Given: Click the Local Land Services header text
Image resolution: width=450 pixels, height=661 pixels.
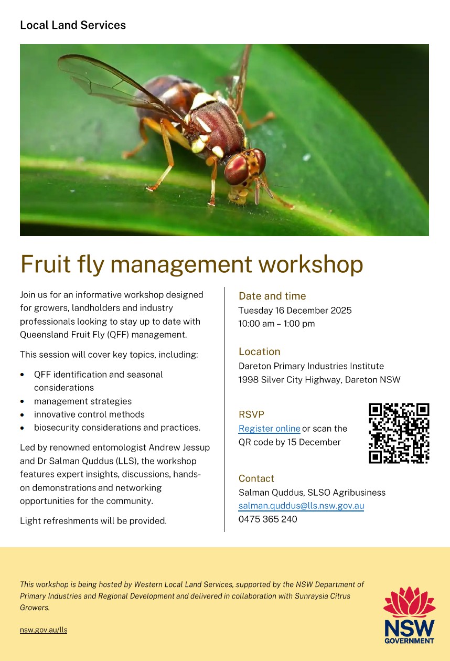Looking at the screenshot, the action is [73, 25].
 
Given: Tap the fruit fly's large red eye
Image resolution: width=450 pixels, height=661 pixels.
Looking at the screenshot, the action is [237, 169].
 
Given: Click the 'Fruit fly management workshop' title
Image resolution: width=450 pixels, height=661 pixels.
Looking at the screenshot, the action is [192, 264].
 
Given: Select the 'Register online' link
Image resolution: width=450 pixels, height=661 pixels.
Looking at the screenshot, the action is [269, 429].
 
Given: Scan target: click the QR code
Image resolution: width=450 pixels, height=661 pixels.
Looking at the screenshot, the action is [399, 433].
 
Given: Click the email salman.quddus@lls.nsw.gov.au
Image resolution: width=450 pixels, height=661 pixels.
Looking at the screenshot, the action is [301, 506].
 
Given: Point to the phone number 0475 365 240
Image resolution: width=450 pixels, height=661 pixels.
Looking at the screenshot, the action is [267, 519].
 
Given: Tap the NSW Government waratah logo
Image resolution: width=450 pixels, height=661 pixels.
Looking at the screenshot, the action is [409, 615].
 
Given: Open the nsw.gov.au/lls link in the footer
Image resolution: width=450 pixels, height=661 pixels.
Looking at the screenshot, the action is [44, 630].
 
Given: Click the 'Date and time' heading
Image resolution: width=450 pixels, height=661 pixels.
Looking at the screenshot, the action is [272, 296].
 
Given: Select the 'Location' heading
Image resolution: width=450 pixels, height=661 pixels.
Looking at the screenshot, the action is [260, 351].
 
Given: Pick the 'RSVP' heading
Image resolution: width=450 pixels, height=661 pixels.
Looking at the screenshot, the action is [251, 414].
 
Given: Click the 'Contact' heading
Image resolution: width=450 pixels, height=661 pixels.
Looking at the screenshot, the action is [256, 478].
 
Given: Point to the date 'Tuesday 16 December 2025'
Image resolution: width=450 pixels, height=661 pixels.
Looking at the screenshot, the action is [295, 311].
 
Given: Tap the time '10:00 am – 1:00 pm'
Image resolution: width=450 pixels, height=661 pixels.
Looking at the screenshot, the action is [276, 324].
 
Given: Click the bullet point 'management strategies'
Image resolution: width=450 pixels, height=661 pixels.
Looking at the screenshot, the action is [83, 401].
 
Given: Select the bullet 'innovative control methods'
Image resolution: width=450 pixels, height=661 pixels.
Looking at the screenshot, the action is [89, 414].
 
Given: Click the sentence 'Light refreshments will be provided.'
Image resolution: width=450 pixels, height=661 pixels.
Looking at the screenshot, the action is [93, 521].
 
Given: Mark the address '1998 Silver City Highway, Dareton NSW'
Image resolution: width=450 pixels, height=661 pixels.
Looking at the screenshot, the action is [319, 379].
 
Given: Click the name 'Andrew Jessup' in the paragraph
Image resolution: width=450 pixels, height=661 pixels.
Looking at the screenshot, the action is [179, 447].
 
